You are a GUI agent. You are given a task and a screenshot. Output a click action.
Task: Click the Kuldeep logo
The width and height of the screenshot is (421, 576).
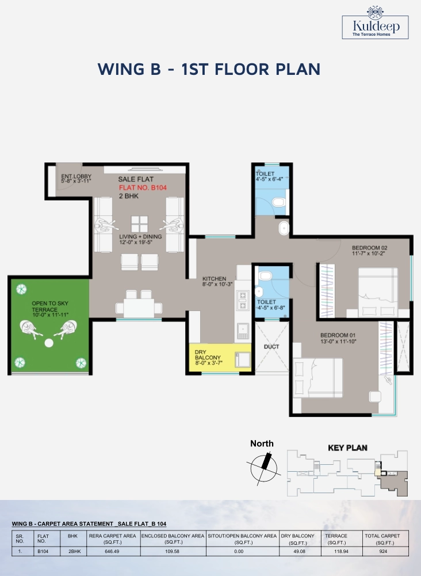[375, 23]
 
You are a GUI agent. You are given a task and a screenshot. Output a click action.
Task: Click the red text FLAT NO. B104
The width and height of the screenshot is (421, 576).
[143, 188]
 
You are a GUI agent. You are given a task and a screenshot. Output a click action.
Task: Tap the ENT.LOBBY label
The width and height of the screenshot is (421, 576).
[76, 179]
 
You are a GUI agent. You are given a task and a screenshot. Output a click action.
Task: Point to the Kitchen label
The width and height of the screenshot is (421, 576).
[217, 282]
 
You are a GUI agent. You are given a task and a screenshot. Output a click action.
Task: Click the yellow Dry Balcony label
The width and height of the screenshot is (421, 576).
[208, 358]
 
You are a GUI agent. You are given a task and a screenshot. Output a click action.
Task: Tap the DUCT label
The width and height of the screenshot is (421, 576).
[271, 347]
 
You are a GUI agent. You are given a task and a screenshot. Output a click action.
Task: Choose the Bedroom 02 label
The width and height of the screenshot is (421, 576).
[370, 251]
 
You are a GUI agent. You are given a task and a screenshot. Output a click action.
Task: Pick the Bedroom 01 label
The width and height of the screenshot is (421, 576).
[338, 338]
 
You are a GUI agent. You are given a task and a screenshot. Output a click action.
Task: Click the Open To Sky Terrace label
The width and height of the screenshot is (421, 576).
[50, 309]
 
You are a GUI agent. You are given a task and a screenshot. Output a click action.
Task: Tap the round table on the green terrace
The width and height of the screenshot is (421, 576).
[49, 343]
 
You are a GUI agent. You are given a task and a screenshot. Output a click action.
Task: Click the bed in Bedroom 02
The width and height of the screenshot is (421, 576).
[378, 293]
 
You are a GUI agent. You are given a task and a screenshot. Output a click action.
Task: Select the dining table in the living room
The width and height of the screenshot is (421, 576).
[139, 308]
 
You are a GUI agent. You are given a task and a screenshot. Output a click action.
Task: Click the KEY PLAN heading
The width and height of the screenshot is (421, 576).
[347, 448]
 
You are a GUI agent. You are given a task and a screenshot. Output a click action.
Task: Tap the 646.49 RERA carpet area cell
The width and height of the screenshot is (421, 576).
[112, 551]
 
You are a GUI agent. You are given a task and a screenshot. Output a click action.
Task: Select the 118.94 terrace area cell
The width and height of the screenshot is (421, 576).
[341, 551]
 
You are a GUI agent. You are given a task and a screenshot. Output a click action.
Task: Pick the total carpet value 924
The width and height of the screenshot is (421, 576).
[383, 551]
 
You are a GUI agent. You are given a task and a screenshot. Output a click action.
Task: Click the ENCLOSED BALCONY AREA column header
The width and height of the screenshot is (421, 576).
[173, 539]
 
